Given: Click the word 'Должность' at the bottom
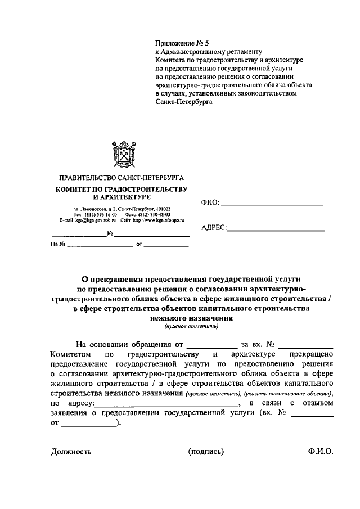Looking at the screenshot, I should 71,451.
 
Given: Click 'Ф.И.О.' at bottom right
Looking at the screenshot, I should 321,451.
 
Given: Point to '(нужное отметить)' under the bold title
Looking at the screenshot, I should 191,326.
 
